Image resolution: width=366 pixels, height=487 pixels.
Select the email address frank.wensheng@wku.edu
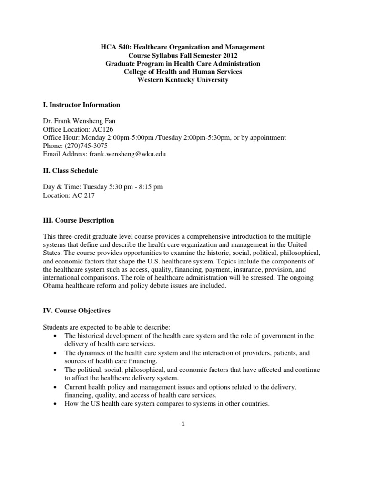pos(129,154)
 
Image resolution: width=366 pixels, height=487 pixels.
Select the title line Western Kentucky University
pos(183,80)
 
